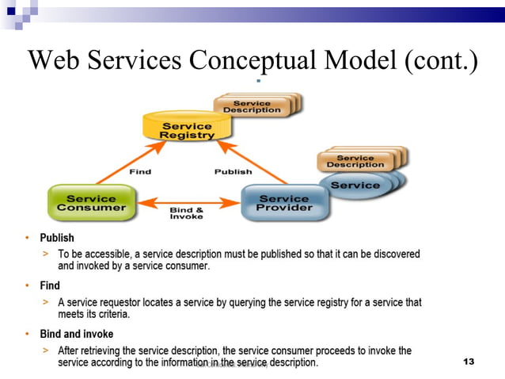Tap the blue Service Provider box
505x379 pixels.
(283, 203)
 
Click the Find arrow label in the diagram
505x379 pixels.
(139, 171)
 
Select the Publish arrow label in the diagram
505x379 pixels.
(233, 171)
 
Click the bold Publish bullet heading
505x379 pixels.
(57, 237)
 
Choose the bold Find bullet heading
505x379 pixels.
(50, 285)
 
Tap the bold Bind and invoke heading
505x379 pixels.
(77, 334)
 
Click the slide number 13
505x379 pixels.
(468, 362)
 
